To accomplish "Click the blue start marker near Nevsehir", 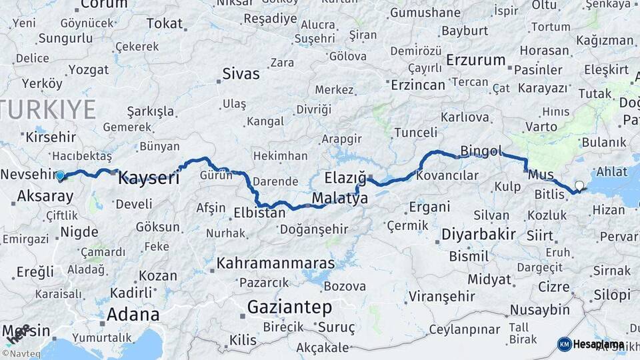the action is point(60,176).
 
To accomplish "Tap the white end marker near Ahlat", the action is point(579,186).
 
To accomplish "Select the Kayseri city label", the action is point(149,178).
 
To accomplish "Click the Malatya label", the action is point(339,198).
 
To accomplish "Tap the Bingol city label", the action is point(481,151).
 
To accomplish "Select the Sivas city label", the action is point(241,73).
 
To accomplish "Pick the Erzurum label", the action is point(476,60).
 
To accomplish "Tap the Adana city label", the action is point(133,314).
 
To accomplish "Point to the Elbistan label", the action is point(259,214).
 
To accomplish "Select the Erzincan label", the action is point(417,85).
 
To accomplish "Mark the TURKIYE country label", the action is point(48,109).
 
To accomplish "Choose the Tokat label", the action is point(164,23).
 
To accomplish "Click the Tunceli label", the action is point(416,132).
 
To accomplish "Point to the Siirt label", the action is point(539,235).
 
